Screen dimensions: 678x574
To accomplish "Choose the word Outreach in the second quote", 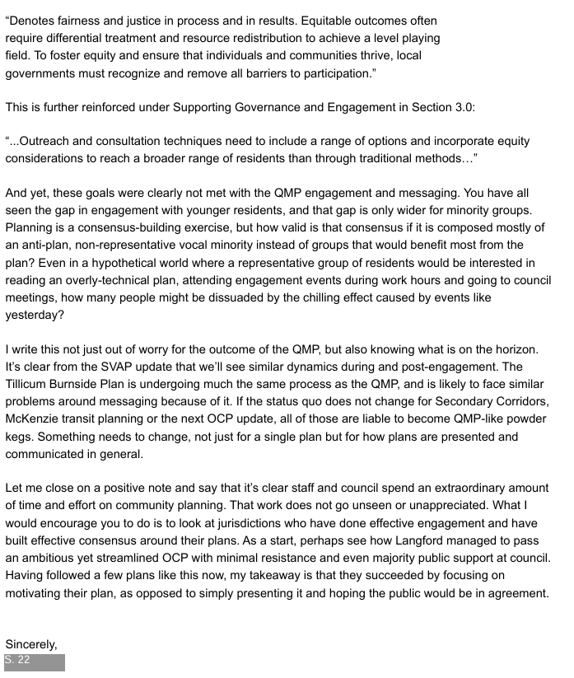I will pyautogui.click(x=40, y=141).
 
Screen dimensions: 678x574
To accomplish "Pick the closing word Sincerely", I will pyautogui.click(x=31, y=643).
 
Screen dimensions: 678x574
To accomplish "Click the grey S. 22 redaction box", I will pyautogui.click(x=34, y=662).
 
